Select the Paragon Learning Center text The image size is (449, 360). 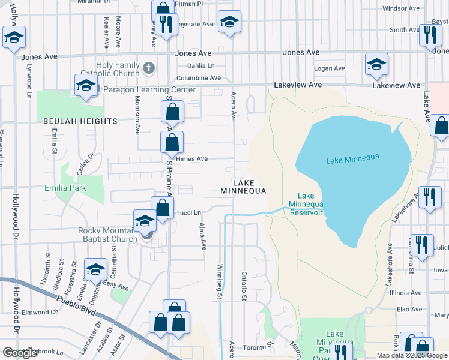[x=149, y=90]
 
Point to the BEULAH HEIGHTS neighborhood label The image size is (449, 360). [x=80, y=121]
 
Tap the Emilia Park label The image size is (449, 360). [x=65, y=188]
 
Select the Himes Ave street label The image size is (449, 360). [x=192, y=159]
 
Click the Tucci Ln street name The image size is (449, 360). [x=187, y=212]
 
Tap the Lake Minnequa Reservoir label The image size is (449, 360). [x=306, y=204]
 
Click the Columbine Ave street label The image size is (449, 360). [x=199, y=78]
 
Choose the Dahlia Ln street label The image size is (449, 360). [x=200, y=66]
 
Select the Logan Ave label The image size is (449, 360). [x=330, y=68]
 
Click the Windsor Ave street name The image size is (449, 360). [x=400, y=8]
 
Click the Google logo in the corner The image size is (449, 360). [x=20, y=353]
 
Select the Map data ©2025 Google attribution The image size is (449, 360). [x=411, y=355]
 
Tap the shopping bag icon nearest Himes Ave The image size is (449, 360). [x=172, y=142]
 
